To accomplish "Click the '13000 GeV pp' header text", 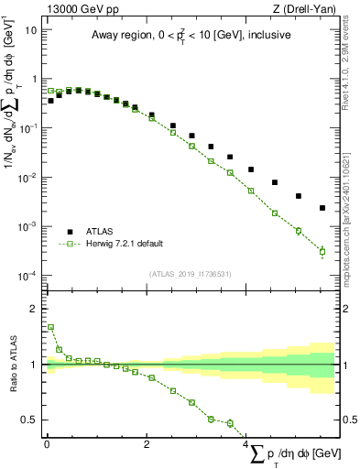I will pyautogui.click(x=75, y=8).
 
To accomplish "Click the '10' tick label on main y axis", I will pyautogui.click(x=30, y=29).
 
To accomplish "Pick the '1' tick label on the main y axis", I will pyautogui.click(x=34, y=79).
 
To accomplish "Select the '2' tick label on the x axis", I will pyautogui.click(x=147, y=443).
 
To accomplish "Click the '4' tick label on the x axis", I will pyautogui.click(x=246, y=443).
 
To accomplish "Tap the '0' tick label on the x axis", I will pyautogui.click(x=47, y=443).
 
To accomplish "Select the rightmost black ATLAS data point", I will pyautogui.click(x=322, y=208).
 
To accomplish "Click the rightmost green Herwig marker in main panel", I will pyautogui.click(x=322, y=251).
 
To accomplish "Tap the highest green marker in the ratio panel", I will pyautogui.click(x=50, y=327).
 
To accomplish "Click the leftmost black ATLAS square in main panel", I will pyautogui.click(x=50, y=101).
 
